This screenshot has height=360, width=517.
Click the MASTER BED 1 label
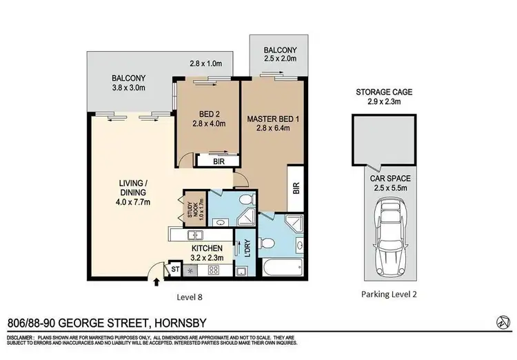click(x=271, y=119)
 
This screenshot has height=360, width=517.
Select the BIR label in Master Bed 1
click(x=296, y=187)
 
